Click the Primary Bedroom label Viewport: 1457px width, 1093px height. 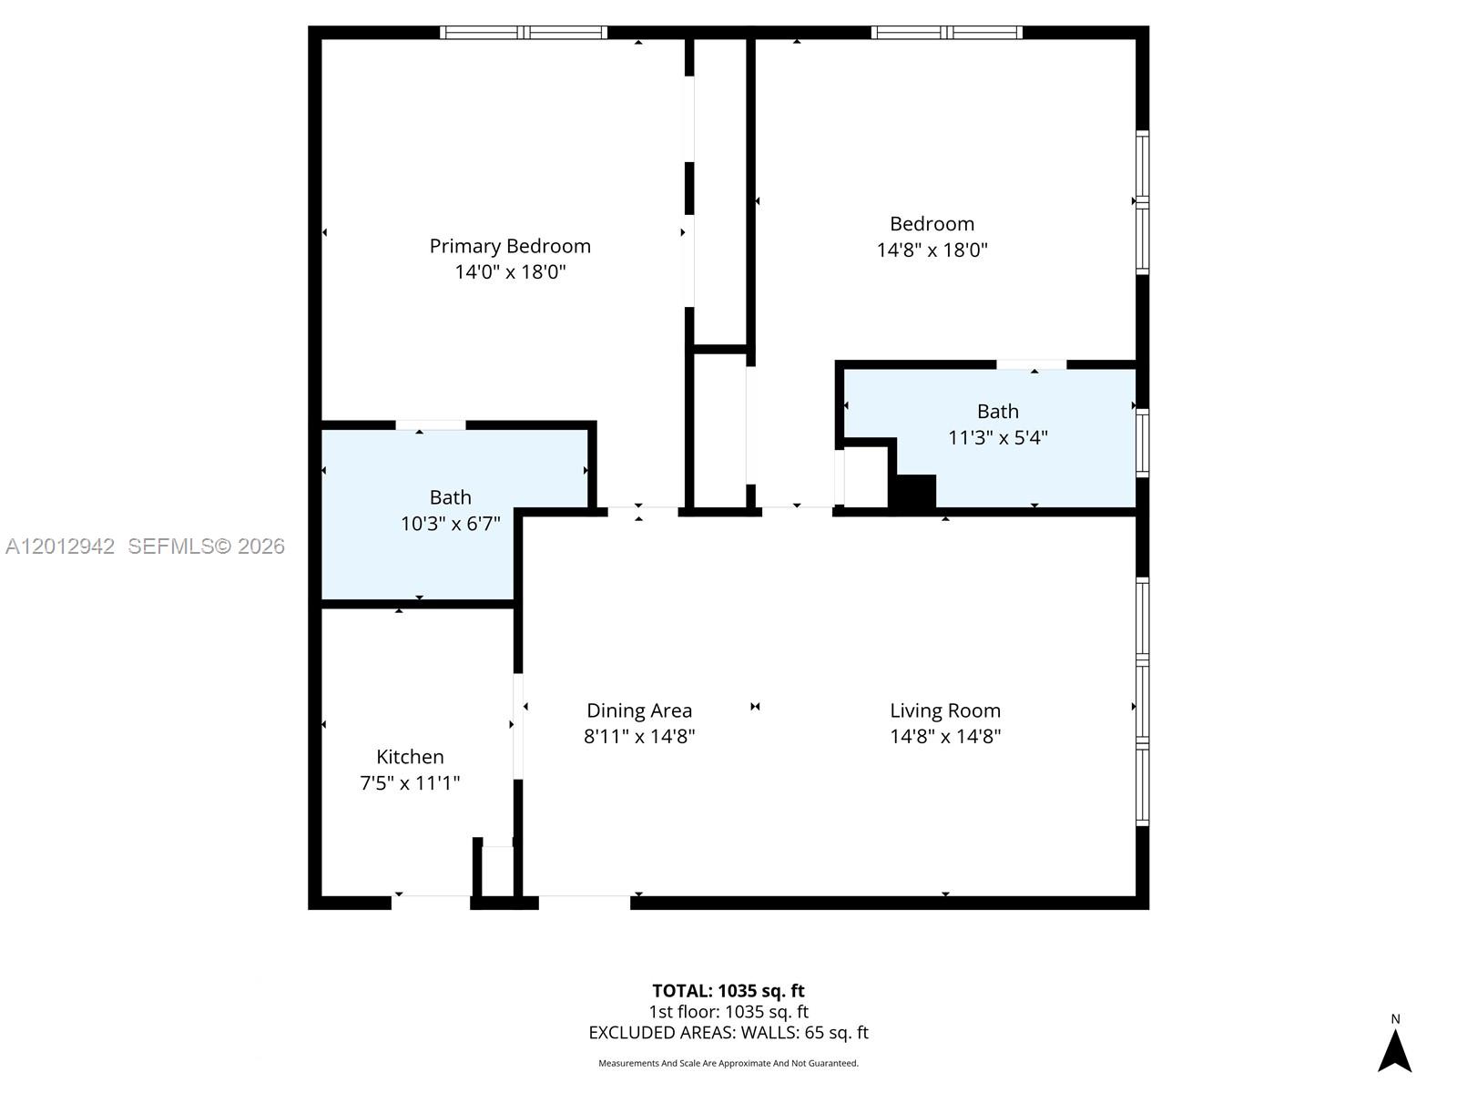click(510, 246)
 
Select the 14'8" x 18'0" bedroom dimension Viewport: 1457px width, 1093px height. click(932, 250)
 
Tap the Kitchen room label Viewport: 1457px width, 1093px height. click(410, 757)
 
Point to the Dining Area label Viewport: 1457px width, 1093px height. click(639, 710)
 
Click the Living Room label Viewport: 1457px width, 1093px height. click(945, 710)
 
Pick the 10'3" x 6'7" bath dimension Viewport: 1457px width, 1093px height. click(450, 524)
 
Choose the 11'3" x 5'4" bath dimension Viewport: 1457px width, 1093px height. click(998, 438)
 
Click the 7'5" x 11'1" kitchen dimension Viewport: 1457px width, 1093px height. click(410, 783)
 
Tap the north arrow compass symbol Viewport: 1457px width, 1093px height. click(1394, 1049)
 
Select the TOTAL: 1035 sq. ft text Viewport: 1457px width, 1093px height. click(728, 991)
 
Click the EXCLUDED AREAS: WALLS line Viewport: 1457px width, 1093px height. click(728, 1033)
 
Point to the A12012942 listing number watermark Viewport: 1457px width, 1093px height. click(60, 546)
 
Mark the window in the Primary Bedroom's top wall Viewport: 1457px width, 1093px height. click(523, 33)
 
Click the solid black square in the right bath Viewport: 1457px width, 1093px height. click(912, 491)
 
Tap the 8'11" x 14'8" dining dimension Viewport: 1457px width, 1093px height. click(639, 737)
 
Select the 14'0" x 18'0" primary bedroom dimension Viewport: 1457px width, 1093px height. click(510, 272)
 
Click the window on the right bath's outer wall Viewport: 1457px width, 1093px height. click(1142, 443)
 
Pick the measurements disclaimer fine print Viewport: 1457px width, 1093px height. click(728, 1063)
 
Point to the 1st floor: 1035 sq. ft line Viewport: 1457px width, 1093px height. click(728, 1011)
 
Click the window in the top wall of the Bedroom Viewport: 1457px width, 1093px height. click(946, 33)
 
